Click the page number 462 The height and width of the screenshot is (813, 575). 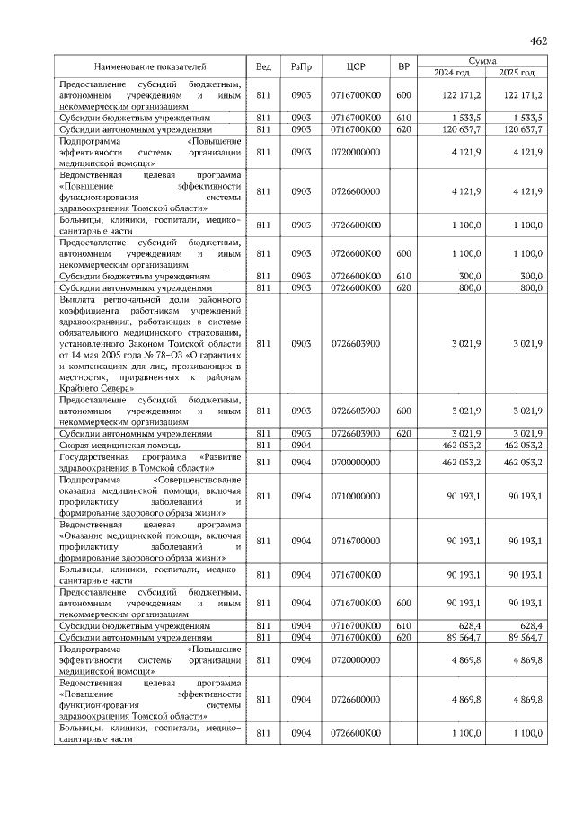click(539, 40)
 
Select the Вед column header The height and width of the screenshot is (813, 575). click(263, 66)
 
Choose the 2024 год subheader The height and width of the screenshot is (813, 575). click(452, 73)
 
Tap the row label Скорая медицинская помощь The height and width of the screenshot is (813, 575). click(120, 445)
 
